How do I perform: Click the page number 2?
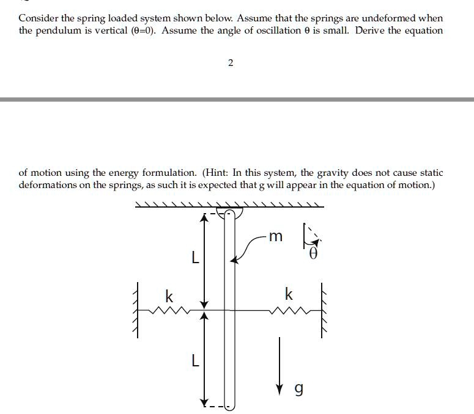230,64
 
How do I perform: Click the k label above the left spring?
169,297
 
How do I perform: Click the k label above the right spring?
289,295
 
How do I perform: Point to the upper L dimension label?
194,259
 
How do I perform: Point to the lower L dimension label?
194,361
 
